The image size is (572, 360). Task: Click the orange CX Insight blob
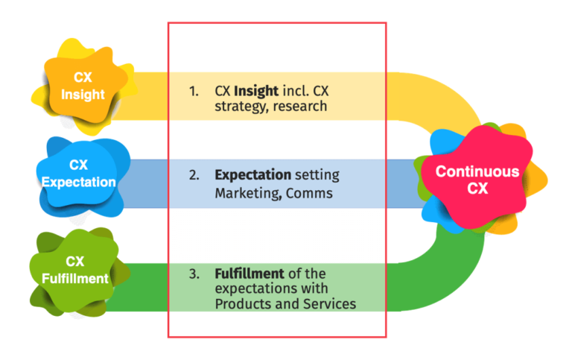coord(83,86)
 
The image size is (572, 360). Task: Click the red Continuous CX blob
coord(477,180)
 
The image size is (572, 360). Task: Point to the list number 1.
coord(193,91)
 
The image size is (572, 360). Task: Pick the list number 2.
coord(193,175)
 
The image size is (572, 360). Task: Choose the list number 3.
coord(193,274)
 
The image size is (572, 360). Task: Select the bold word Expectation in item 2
coord(252,175)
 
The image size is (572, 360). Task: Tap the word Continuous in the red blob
coord(477,171)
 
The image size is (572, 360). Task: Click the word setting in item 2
coord(316,175)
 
